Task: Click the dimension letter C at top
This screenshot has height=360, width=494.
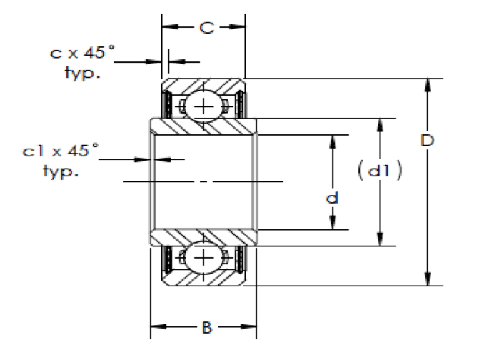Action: pos(205,28)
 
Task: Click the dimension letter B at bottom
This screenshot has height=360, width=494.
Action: pos(205,328)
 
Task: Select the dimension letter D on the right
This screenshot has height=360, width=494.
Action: pos(427,140)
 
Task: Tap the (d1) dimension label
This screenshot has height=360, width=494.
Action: pos(380,171)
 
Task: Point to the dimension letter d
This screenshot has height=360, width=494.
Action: pos(331,198)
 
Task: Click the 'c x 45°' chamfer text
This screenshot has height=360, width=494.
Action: pos(82,52)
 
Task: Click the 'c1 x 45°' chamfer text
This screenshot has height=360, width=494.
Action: pos(60,151)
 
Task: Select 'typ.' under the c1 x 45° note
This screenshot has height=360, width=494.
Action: pos(60,172)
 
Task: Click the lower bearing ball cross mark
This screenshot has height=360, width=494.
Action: pos(204,257)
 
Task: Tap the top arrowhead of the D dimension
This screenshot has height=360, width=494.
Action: pos(428,85)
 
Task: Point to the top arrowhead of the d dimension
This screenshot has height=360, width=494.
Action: pos(332,140)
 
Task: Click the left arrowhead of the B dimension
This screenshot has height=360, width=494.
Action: pos(156,329)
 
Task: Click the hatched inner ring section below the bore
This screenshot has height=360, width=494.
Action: pos(203,237)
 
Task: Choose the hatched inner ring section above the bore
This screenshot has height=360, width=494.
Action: pos(203,126)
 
